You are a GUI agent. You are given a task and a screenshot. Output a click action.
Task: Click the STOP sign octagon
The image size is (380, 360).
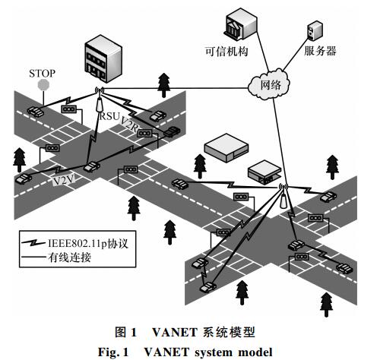43,84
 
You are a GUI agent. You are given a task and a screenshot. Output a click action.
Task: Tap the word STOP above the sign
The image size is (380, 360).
42,74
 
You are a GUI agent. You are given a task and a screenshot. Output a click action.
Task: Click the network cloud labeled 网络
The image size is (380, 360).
269,84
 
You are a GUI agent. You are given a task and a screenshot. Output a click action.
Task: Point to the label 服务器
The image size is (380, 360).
320,51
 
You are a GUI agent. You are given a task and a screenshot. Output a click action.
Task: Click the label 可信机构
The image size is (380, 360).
226,52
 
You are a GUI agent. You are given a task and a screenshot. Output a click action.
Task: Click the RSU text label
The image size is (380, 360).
109,116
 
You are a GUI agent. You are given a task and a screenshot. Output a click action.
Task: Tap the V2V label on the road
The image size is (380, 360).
64,180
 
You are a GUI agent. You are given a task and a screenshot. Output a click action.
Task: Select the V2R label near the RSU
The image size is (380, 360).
129,124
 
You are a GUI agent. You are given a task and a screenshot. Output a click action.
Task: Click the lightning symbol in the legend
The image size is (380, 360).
34,243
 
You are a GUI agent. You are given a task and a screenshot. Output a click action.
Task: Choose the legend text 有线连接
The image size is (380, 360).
69,257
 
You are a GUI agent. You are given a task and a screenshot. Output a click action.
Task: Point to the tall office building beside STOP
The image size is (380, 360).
103,58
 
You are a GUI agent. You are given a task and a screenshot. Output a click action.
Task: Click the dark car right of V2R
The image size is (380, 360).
172,131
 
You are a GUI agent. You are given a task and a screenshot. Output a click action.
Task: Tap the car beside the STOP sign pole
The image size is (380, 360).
36,112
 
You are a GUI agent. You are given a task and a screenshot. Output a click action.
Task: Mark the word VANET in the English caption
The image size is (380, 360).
166,352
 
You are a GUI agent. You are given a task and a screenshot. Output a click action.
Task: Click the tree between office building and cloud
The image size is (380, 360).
164,85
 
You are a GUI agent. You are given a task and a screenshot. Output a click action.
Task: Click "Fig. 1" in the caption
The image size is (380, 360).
113,352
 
